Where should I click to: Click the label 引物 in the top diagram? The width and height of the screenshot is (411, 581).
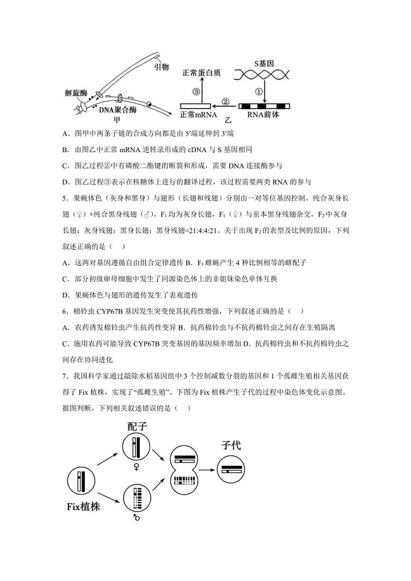click(x=162, y=67)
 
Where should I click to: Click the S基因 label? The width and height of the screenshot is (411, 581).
click(x=264, y=64)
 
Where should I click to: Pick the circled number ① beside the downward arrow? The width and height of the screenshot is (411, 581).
click(x=258, y=92)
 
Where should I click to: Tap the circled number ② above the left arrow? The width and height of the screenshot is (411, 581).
click(x=226, y=101)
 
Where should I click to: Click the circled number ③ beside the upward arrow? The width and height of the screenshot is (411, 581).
click(x=196, y=92)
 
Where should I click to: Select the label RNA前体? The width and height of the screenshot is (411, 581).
click(x=263, y=115)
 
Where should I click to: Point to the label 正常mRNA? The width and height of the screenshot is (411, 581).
click(x=198, y=115)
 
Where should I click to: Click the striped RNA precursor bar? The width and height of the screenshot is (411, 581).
click(x=263, y=106)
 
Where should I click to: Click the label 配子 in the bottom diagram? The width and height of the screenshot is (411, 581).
click(x=137, y=426)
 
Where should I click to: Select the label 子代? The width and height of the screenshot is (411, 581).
click(x=231, y=445)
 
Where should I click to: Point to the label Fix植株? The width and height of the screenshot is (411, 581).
click(x=83, y=506)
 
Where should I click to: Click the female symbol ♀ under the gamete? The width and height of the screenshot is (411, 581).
click(x=137, y=467)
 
